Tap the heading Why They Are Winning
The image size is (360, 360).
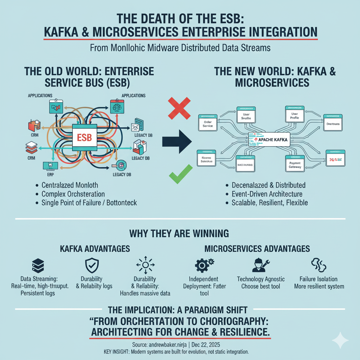point(179,233)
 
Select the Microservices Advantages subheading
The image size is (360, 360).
point(257,249)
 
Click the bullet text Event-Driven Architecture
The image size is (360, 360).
point(266,194)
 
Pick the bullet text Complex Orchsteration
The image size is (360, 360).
point(73,194)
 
